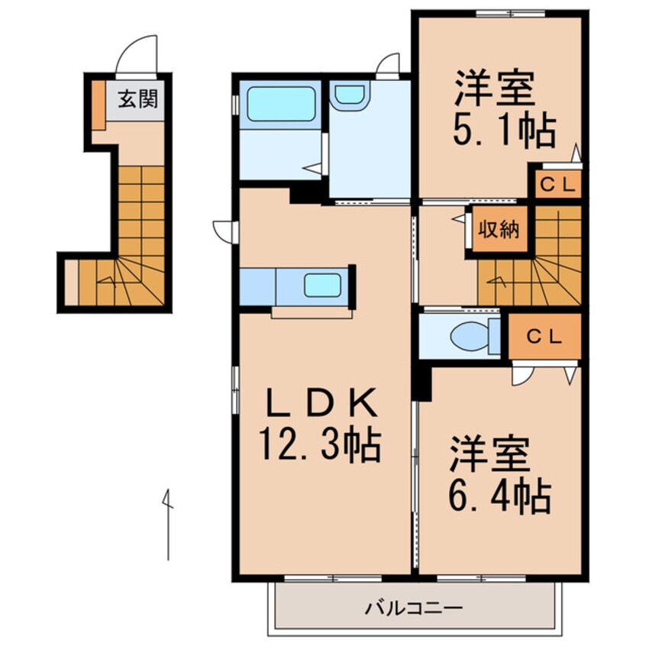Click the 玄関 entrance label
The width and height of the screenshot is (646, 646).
(x=138, y=99)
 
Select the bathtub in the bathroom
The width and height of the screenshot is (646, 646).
(x=280, y=103)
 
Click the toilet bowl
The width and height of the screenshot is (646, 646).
(x=470, y=336)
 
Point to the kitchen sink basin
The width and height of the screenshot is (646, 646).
(x=322, y=285)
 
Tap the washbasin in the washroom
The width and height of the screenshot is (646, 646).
(x=350, y=95)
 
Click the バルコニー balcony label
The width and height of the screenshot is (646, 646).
(x=414, y=608)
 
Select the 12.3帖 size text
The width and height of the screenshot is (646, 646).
(x=319, y=445)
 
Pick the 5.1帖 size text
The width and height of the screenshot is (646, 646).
(x=504, y=131)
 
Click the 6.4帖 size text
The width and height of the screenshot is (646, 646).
(x=499, y=496)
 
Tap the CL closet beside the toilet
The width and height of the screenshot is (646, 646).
(x=544, y=336)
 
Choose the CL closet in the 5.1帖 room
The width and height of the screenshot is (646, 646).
(x=558, y=185)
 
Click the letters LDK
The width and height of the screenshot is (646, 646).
(x=321, y=402)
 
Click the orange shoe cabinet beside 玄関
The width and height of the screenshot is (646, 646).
(x=99, y=105)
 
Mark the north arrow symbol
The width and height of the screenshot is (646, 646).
(x=167, y=525)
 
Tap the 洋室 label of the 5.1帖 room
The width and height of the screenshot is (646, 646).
(x=494, y=89)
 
